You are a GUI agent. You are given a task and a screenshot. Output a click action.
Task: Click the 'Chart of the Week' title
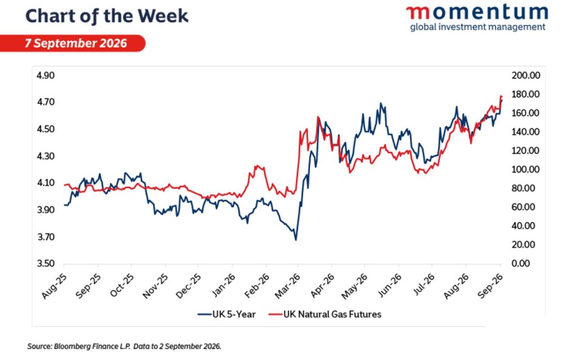coord(107,16)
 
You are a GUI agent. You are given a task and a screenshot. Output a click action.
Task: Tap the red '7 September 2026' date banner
coord(73,43)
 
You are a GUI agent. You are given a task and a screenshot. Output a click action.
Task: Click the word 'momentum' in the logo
coord(477,12)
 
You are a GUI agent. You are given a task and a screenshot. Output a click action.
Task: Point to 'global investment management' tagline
coord(478,27)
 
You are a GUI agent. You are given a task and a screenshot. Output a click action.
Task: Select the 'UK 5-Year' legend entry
coord(227,314)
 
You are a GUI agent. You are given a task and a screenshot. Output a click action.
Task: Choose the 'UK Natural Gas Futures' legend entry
coord(325,314)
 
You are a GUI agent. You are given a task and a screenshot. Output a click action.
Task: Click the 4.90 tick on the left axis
coord(46,75)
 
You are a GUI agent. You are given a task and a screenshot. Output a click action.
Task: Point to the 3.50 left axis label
coord(46,264)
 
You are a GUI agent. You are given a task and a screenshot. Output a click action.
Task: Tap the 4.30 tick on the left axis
coord(46,156)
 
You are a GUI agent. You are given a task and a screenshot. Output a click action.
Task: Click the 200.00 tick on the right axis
coord(526,75)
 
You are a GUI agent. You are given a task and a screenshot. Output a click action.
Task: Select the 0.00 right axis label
coord(520,264)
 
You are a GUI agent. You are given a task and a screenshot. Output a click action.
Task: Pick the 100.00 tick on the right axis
coord(526,169)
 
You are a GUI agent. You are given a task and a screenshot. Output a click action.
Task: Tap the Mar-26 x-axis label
coord(287,286)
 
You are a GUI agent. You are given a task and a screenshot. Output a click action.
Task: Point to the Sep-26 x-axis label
coord(490,286)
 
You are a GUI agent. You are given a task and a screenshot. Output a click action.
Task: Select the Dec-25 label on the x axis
coord(188,286)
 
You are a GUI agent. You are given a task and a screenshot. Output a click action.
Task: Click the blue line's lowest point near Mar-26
coord(296,240)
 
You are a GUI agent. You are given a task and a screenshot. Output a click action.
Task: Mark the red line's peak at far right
coord(500,96)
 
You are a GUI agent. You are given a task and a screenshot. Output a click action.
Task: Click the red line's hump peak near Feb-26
coord(256,166)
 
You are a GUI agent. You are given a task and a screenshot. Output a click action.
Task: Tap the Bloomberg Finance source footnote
coord(124,346)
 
